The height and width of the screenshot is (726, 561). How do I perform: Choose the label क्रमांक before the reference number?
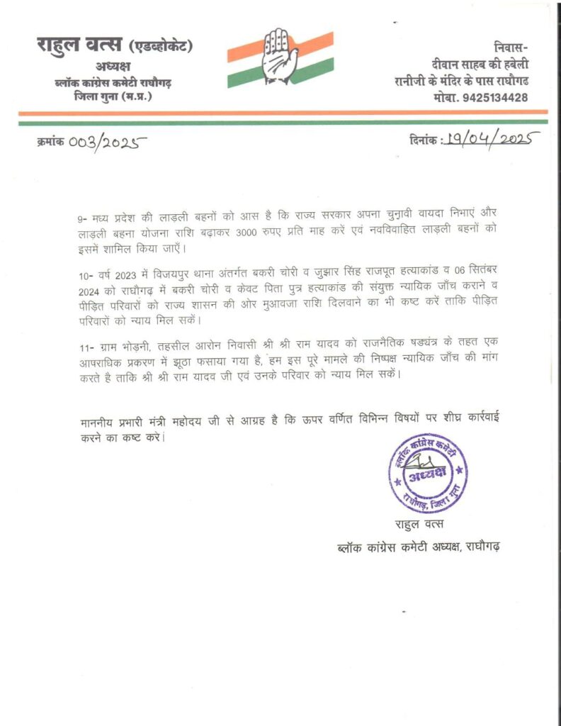click(x=50, y=142)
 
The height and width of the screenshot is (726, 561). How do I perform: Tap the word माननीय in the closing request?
click(x=101, y=423)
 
